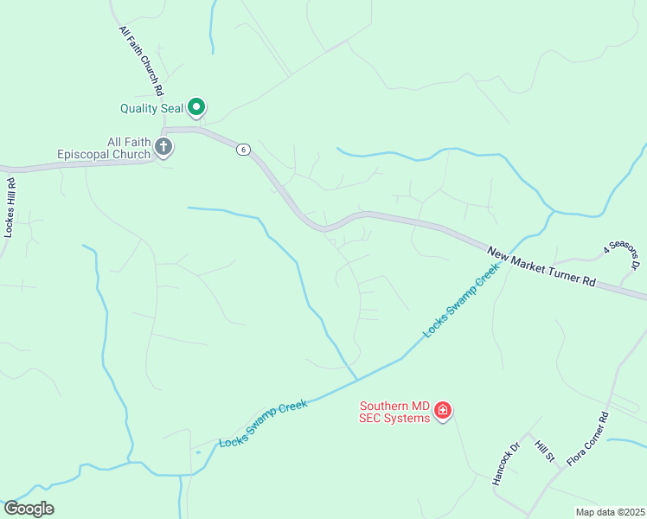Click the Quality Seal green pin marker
196,107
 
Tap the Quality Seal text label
151,108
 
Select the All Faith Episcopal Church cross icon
163,148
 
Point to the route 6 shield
244,150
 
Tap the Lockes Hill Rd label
10,207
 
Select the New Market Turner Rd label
542,266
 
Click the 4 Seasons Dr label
622,256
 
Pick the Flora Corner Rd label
588,439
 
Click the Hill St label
543,451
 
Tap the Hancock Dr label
505,465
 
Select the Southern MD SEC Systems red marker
443,410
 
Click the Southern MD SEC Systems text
394,412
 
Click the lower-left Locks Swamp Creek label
264,423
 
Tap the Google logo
29,509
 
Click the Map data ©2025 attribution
610,512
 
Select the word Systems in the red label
407,419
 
